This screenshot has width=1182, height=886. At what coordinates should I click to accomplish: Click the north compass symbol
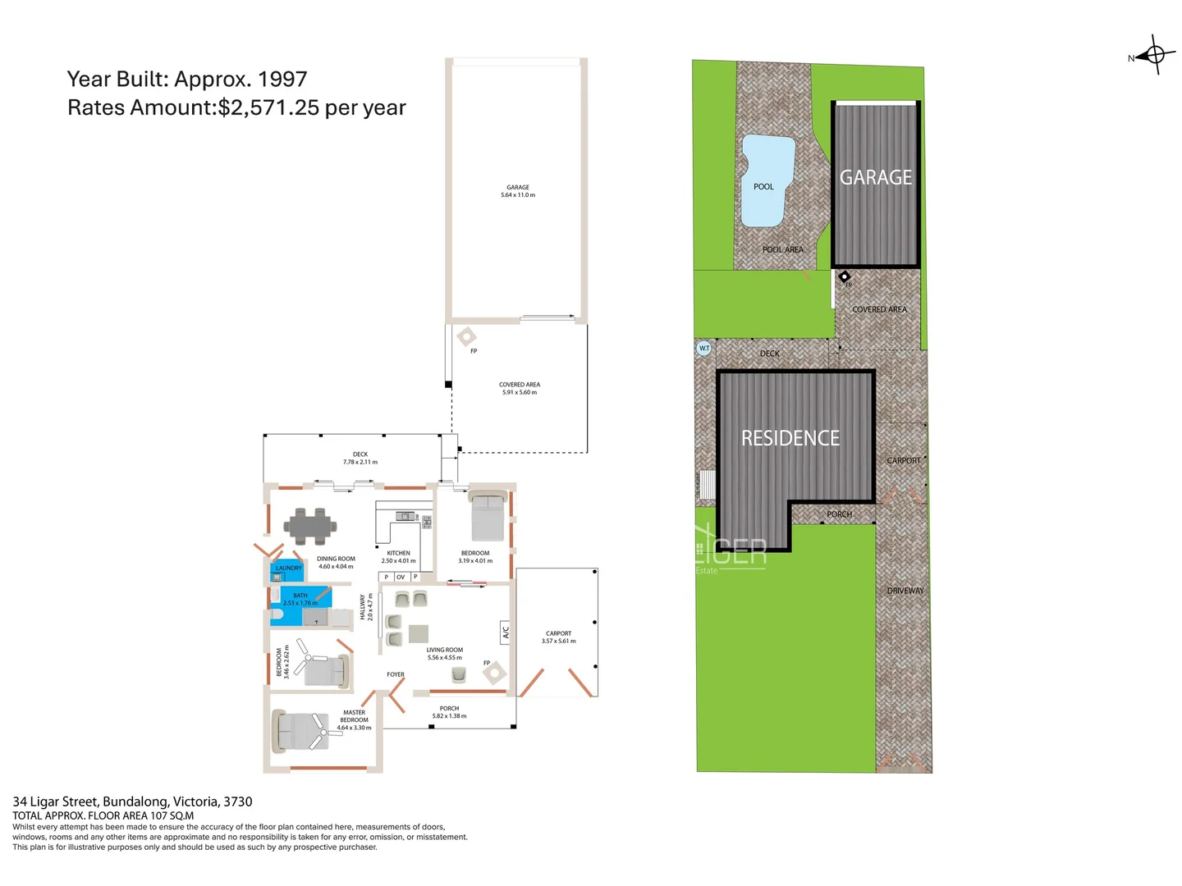(x=1154, y=55)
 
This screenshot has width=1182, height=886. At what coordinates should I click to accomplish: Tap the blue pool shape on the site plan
(x=767, y=180)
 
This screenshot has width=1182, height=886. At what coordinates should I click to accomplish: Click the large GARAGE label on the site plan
(x=875, y=177)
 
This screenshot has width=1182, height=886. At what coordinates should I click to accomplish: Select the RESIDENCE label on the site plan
(x=790, y=438)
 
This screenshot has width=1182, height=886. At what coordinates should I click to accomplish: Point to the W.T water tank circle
(x=703, y=348)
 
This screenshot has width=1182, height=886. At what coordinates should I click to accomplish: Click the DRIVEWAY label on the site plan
(x=905, y=591)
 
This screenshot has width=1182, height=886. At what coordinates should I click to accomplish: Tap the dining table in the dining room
(x=310, y=527)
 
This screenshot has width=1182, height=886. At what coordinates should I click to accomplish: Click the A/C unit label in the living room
(x=506, y=632)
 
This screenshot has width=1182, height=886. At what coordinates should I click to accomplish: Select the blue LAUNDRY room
(x=287, y=569)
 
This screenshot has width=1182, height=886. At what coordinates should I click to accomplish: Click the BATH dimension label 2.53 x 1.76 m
(x=300, y=603)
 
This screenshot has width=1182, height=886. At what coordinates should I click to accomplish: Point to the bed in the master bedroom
(x=300, y=731)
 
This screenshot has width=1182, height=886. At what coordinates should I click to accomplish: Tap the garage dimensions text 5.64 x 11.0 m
(x=518, y=195)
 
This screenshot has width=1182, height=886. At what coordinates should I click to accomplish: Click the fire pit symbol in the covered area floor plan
(x=466, y=336)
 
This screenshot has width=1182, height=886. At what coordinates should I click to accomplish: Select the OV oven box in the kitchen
(x=401, y=577)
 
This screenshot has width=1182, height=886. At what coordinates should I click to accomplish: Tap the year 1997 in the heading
(x=282, y=80)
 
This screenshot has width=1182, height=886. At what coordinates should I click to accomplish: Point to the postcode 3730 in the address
(x=238, y=802)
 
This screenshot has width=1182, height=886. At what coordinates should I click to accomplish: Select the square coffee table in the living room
(x=419, y=633)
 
